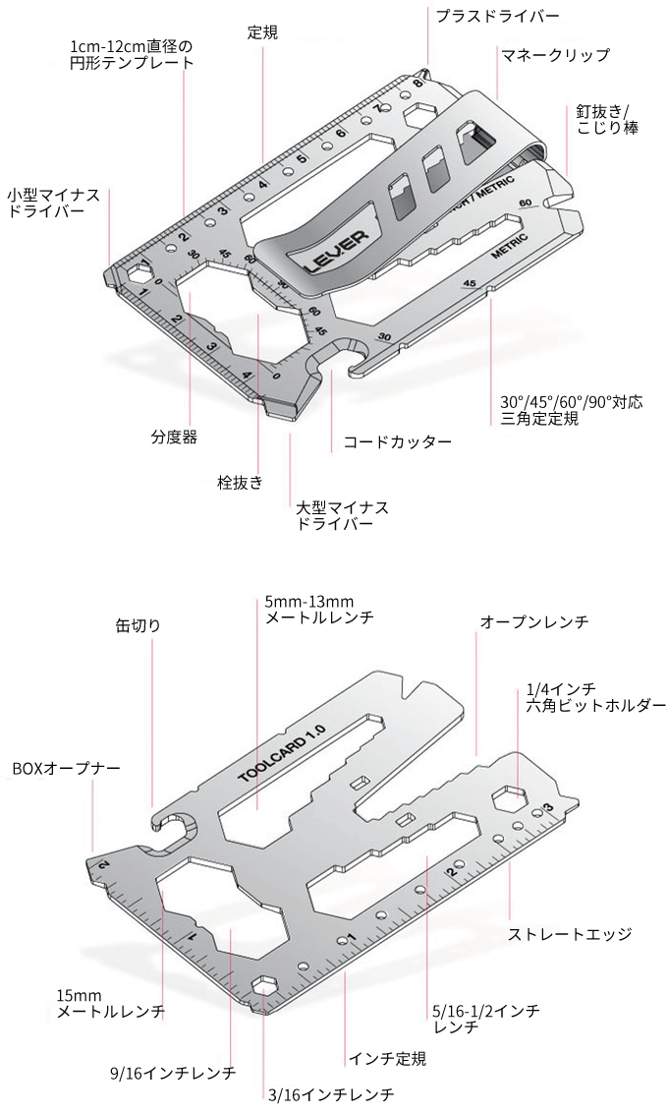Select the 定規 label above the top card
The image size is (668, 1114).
click(262, 32)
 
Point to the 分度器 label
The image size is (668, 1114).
click(174, 438)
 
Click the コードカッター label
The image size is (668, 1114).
click(397, 442)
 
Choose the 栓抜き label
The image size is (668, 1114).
click(240, 483)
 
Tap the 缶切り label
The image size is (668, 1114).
click(138, 624)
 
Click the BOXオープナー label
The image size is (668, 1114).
click(66, 767)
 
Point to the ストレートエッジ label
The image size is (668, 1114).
click(569, 934)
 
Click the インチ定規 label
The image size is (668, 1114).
click(387, 1059)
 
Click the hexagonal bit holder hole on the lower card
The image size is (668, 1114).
click(506, 797)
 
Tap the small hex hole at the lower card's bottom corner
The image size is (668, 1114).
click(265, 986)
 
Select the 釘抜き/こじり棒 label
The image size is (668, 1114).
click(608, 119)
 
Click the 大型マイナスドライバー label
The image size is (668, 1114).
click(342, 516)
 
